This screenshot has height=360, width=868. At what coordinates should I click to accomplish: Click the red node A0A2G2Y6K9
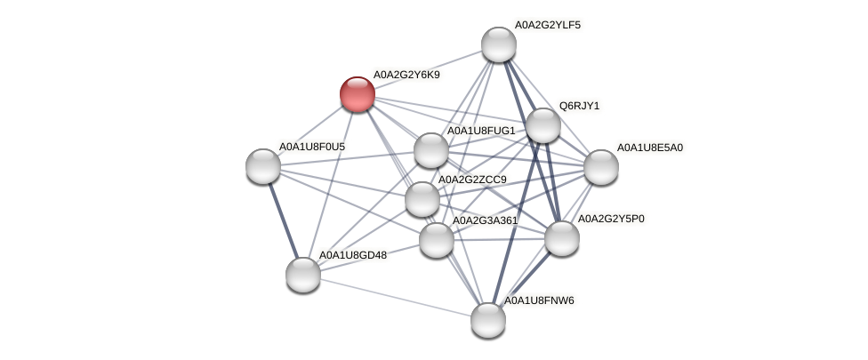coord(358,94)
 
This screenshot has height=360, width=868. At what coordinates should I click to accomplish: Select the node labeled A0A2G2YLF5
coord(499,44)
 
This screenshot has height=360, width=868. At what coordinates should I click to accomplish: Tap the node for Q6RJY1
coord(543,125)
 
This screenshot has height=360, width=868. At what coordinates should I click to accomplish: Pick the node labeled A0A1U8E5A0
coord(601,166)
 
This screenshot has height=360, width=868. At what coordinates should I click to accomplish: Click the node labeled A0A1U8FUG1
coord(431,150)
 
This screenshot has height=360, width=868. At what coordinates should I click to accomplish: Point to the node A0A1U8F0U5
coord(263,165)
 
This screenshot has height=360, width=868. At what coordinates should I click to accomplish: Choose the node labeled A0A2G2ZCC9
coord(422,199)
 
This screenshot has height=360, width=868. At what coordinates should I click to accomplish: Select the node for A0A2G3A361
coord(436,239)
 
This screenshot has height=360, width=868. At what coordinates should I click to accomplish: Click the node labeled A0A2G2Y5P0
coord(562,237)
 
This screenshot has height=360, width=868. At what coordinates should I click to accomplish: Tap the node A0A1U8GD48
coord(303,274)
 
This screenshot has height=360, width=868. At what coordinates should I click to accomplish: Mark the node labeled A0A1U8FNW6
coord(488,320)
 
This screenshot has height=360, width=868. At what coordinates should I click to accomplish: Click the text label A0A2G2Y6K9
coord(406,75)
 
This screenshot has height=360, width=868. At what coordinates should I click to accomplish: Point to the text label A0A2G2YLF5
coord(547,25)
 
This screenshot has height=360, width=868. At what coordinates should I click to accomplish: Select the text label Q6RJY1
coord(579,107)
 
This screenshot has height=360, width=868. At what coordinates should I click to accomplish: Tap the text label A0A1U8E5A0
coord(650,148)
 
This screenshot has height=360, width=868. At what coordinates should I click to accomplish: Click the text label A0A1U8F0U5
coord(312,147)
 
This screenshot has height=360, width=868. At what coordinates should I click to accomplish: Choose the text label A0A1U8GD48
coord(353,256)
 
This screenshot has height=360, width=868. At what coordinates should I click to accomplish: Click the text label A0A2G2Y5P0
coord(611,219)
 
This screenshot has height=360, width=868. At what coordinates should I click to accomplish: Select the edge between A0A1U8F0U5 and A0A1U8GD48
coord(283,220)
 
